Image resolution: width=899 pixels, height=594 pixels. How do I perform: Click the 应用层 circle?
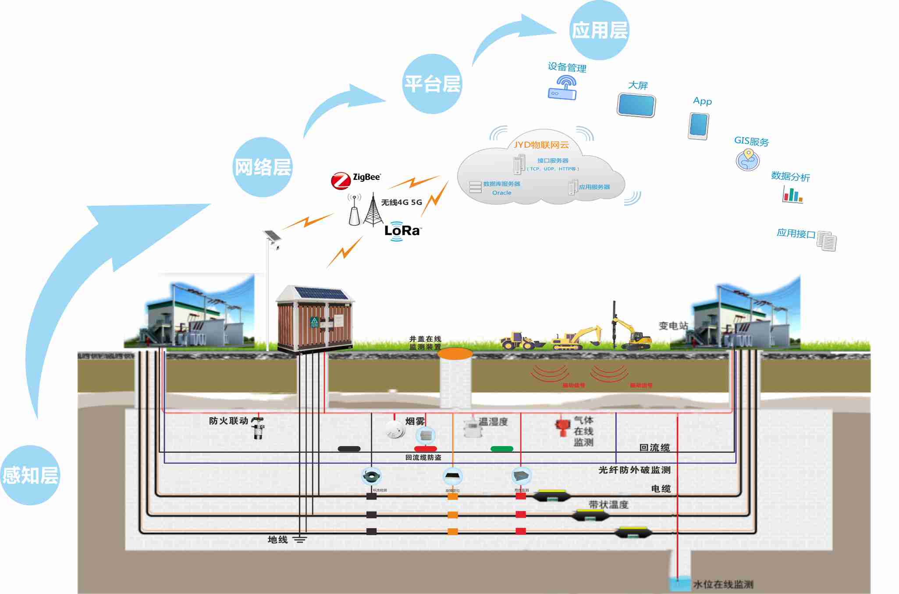pyautogui.click(x=599, y=30)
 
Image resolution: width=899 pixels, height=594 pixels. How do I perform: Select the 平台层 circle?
pyautogui.click(x=432, y=84)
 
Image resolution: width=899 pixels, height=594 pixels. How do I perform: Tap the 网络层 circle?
pyautogui.click(x=263, y=167)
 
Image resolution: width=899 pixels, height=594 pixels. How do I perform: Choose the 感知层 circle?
pyautogui.click(x=30, y=475)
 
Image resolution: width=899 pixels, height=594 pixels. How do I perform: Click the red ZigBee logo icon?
pyautogui.click(x=340, y=181)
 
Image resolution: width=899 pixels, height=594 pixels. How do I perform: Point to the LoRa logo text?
pyautogui.click(x=402, y=230)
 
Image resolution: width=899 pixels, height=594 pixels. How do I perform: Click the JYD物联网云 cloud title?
pyautogui.click(x=541, y=145)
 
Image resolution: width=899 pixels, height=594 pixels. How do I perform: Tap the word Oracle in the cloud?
pyautogui.click(x=501, y=193)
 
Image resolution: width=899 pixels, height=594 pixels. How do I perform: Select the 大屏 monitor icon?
pyautogui.click(x=636, y=105)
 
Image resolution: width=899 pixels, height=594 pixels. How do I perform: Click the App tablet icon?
pyautogui.click(x=698, y=126)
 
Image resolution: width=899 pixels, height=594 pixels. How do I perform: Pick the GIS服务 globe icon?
pyautogui.click(x=748, y=160)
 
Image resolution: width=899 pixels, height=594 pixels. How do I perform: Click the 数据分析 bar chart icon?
pyautogui.click(x=792, y=194)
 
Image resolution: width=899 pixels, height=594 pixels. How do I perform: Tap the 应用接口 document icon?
pyautogui.click(x=827, y=241)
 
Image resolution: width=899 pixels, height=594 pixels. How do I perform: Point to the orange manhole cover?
pyautogui.click(x=455, y=353)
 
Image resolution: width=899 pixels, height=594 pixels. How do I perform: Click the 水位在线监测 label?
pyautogui.click(x=723, y=584)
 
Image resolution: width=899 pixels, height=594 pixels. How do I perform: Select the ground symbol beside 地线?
pyautogui.click(x=300, y=540)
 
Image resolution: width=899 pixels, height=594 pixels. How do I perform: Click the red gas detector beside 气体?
pyautogui.click(x=562, y=427)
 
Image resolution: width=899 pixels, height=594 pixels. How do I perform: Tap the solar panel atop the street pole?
pyautogui.click(x=272, y=236)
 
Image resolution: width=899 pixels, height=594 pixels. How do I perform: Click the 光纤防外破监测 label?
pyautogui.click(x=634, y=470)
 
